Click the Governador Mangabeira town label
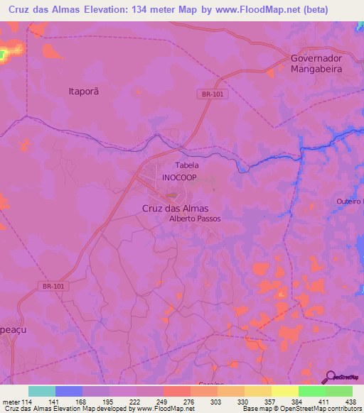pos(316,64)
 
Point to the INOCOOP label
pos(179,177)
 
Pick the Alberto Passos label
pos(195,219)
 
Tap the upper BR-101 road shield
pos(208,94)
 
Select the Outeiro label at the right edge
pos(350,202)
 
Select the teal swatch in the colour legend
pos(42,391)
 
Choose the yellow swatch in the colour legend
pos(284,391)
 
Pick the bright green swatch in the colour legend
pos(311,391)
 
